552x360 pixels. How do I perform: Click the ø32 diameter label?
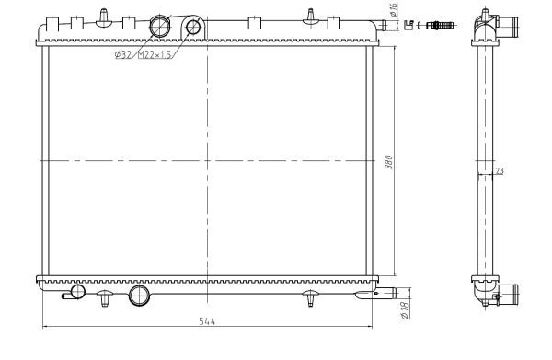click(x=122, y=55)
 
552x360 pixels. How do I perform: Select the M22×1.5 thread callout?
click(x=155, y=55)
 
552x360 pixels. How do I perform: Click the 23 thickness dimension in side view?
click(x=500, y=170)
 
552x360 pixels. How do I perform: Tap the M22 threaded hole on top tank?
click(x=193, y=27)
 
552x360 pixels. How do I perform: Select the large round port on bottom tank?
click(x=139, y=296)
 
